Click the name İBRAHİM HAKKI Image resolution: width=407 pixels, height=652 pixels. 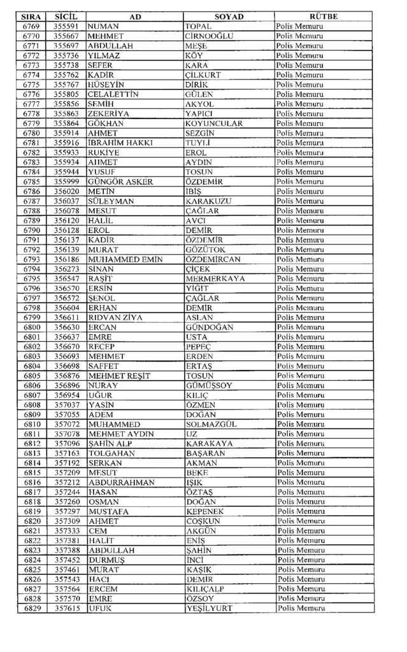[120, 143]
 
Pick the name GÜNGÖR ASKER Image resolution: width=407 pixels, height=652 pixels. [120, 181]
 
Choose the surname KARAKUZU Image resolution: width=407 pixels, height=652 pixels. [208, 201]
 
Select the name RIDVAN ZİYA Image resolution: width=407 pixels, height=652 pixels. [115, 317]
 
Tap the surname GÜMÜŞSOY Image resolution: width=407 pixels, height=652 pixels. [209, 385]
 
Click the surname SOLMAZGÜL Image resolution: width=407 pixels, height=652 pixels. [210, 424]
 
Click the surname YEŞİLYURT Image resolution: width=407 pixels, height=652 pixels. [208, 608]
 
